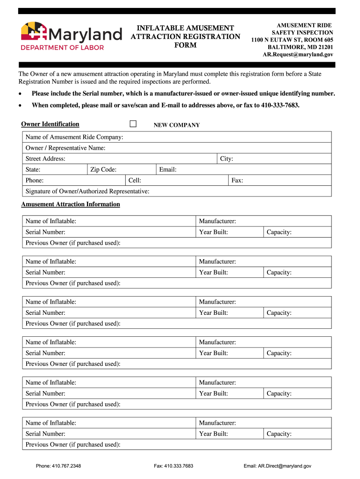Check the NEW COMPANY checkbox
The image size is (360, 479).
pos(133,124)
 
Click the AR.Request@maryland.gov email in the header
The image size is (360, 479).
pos(298,55)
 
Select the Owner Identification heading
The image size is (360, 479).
pos(50,124)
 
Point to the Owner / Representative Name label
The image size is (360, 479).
pos(65,148)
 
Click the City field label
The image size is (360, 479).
pos(226,159)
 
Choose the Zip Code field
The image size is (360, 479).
pos(136,169)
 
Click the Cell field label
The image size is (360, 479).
pos(135,181)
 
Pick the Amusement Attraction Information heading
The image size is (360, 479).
pos(71,204)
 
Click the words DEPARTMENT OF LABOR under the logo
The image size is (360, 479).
pos(62,47)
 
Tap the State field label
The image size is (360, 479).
pos(33,169)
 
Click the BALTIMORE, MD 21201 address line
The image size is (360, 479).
pos(300,47)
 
